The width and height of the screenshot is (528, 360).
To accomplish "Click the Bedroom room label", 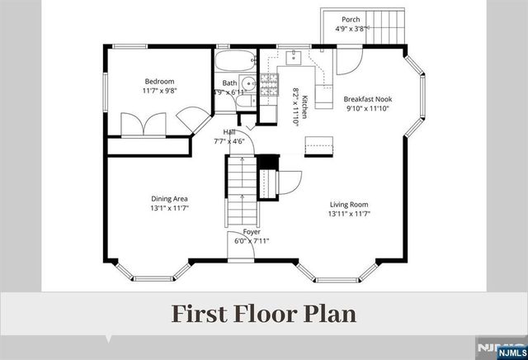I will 160,81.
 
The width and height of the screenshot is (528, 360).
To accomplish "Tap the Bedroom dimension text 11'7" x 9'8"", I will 160,91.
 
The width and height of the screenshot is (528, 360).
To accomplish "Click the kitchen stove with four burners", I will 268,83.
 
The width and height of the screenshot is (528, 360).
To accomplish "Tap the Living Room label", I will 349,204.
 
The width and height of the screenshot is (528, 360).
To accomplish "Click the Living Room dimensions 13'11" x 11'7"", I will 349,214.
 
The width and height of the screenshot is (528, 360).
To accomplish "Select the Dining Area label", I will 170,198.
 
